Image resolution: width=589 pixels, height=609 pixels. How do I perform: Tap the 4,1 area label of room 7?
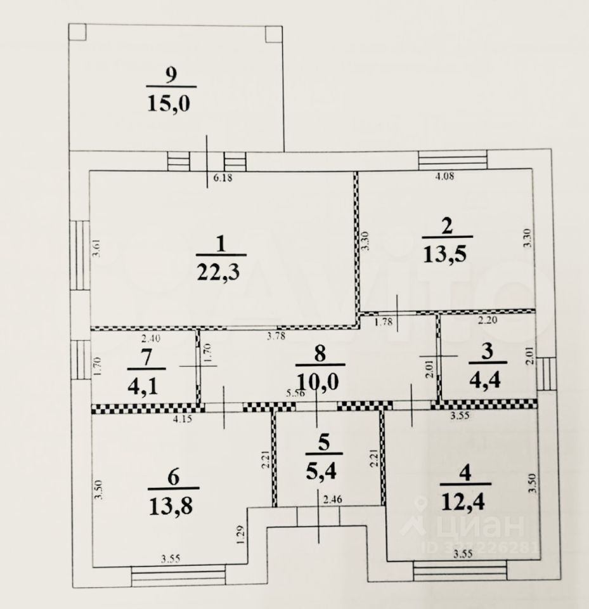pos(146,384)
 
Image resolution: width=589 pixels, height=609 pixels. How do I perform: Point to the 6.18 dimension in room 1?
pos(223,179)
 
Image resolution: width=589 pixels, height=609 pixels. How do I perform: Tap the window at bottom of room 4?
pos(460,571)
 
